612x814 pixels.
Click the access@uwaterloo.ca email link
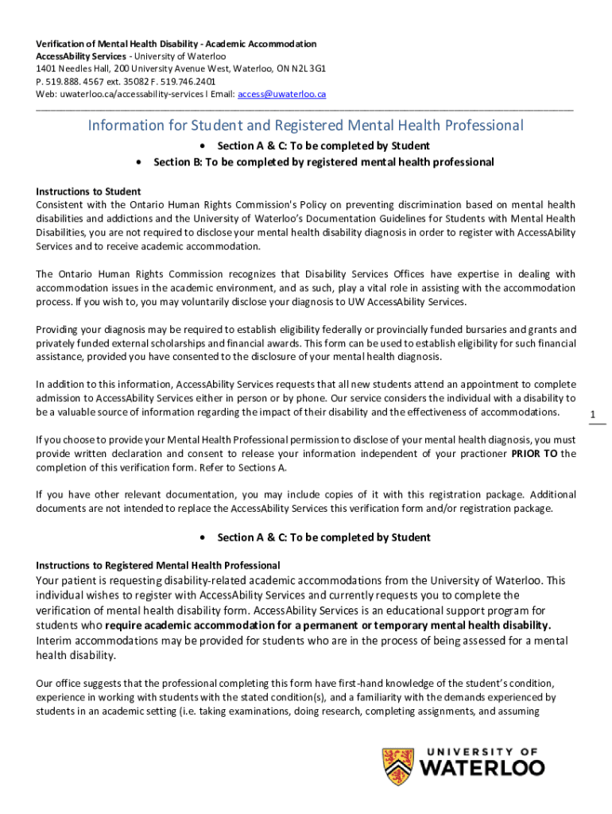282,94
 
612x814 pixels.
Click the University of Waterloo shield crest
397,766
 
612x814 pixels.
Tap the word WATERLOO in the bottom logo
482,768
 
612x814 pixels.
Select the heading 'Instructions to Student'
89,192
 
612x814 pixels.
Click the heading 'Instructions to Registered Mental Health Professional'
158,565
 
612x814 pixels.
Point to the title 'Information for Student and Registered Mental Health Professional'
306,126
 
